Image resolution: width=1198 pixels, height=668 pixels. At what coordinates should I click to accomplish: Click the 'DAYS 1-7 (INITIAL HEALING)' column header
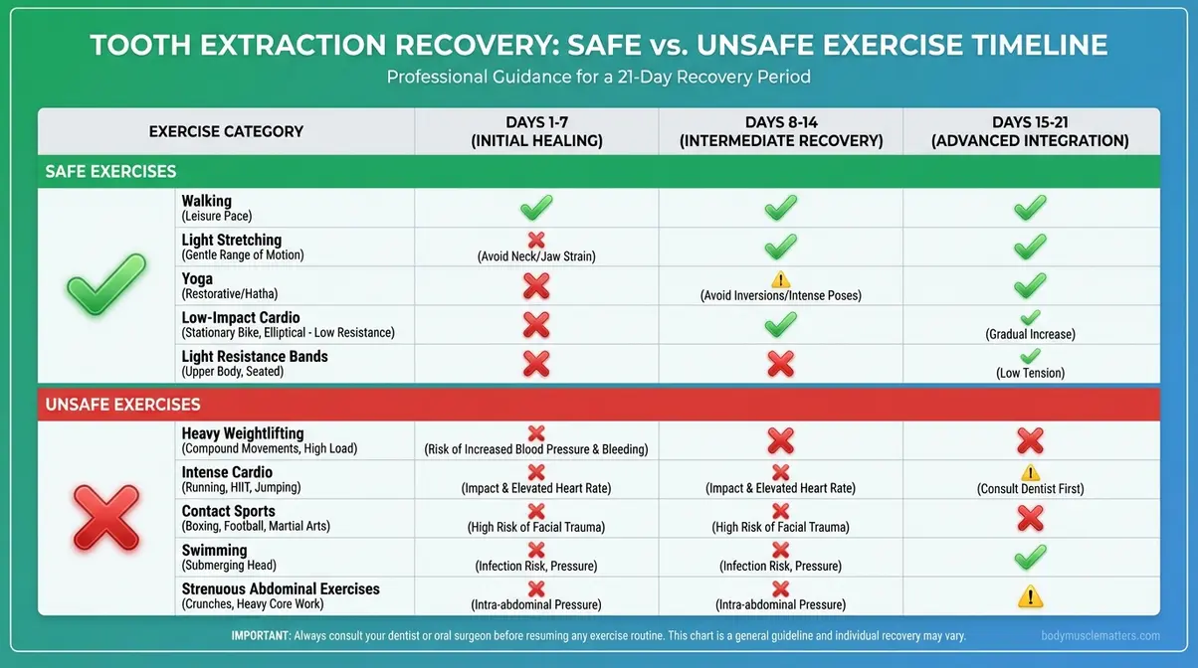[536, 131]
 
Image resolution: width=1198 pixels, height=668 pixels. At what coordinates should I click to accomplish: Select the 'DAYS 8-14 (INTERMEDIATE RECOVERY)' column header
[781, 131]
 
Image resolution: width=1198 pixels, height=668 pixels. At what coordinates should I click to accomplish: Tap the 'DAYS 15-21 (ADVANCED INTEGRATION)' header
[1030, 131]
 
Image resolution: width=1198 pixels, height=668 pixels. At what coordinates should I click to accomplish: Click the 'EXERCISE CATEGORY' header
[226, 131]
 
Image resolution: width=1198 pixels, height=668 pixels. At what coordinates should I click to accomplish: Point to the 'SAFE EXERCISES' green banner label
[110, 172]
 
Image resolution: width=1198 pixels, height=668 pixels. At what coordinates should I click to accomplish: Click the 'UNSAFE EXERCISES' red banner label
[122, 405]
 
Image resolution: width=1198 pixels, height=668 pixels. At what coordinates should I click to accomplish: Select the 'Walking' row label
[206, 201]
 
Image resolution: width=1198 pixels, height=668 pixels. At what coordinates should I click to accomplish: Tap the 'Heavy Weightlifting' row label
[241, 433]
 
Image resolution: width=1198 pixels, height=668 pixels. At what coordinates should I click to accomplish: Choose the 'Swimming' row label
[214, 550]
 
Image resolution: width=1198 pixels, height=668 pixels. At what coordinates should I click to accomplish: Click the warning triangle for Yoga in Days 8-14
[780, 279]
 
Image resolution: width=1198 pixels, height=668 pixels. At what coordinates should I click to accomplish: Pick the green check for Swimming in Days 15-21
[1030, 557]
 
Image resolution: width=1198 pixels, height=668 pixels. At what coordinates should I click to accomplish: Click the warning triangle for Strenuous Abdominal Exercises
[1030, 596]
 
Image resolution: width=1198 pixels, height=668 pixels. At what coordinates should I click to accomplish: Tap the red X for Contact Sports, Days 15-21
[1030, 518]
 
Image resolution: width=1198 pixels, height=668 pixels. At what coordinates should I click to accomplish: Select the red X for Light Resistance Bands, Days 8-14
[781, 364]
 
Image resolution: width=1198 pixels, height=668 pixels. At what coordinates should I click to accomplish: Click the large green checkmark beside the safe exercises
[105, 284]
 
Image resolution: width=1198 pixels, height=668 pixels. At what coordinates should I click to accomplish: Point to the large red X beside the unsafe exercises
[105, 517]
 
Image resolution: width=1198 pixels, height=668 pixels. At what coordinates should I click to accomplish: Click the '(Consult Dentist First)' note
[1030, 488]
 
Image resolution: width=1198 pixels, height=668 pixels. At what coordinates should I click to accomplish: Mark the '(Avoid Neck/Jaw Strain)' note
[536, 255]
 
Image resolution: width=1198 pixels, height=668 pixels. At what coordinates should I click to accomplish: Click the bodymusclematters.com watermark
[1100, 636]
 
